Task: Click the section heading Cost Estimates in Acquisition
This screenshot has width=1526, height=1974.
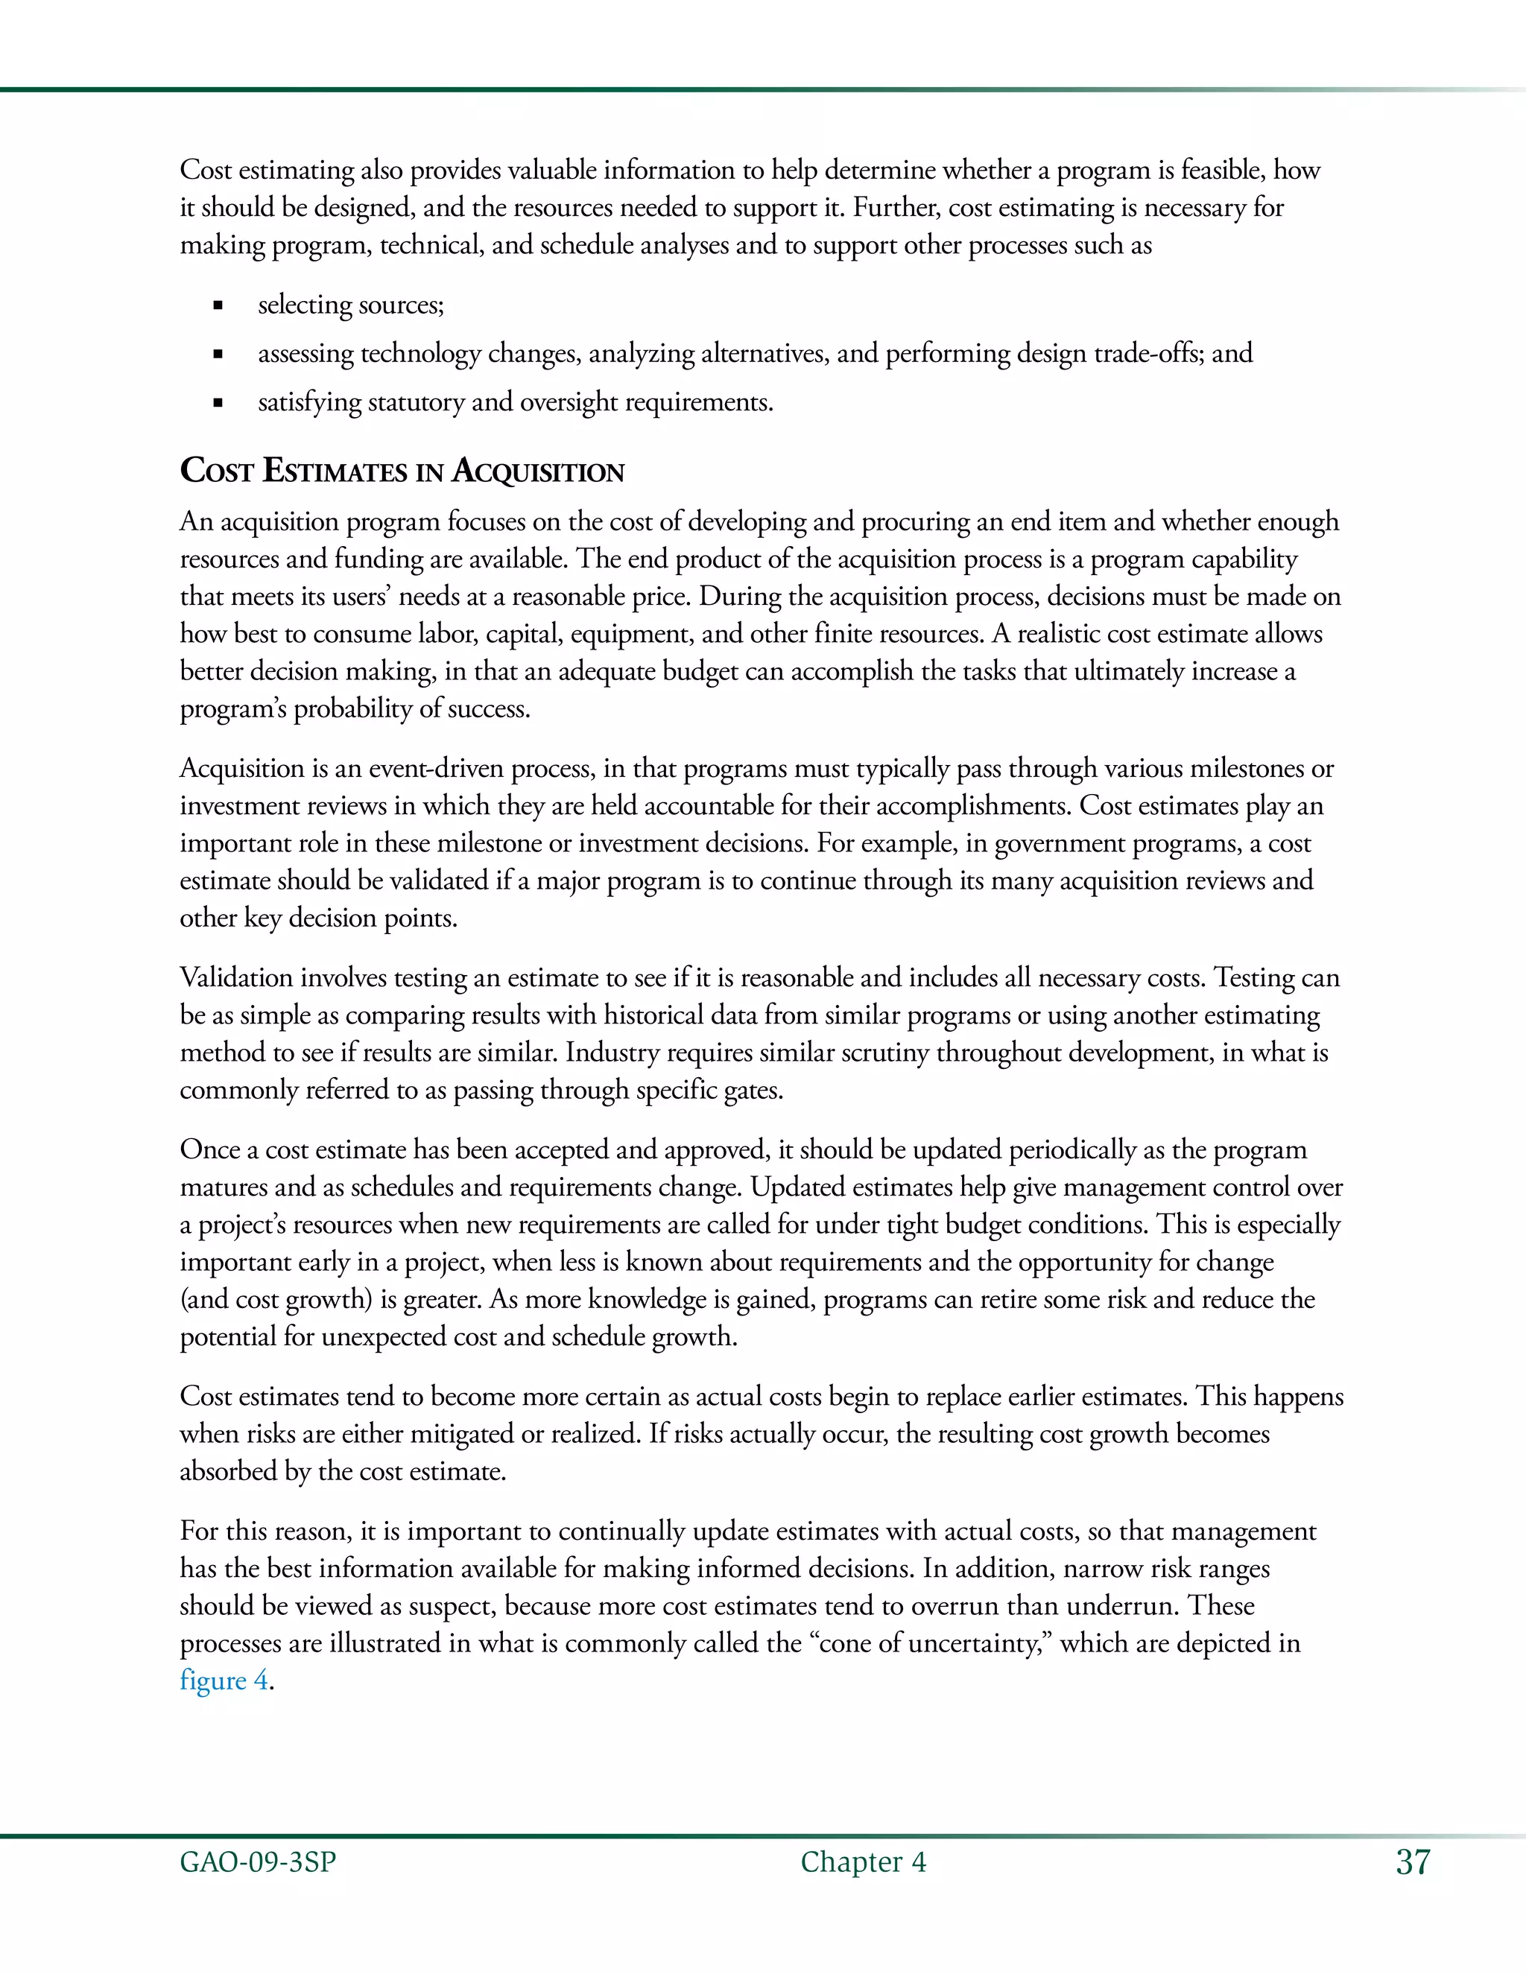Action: click(402, 471)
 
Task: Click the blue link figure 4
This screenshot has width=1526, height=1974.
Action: click(224, 1681)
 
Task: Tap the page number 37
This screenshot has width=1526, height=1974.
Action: click(1413, 1862)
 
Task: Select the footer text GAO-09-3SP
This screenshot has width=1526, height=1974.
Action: click(258, 1862)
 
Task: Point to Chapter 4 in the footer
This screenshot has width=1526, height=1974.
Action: click(862, 1862)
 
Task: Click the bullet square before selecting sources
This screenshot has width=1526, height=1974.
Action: click(218, 306)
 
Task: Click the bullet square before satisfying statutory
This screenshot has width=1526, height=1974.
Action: click(218, 403)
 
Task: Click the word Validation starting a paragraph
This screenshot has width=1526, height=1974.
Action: click(237, 978)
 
